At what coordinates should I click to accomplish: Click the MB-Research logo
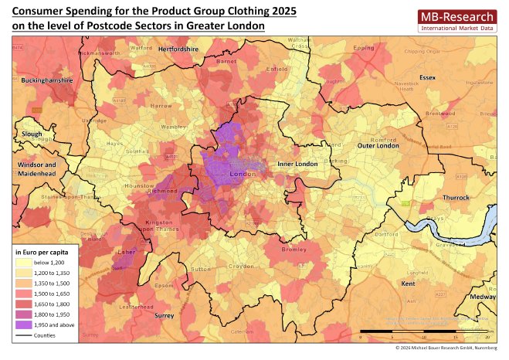(x=456, y=21)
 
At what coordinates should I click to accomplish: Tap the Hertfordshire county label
(x=178, y=49)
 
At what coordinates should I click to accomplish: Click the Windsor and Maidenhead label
(x=36, y=169)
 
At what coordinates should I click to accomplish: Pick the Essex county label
(x=427, y=77)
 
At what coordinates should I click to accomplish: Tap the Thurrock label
(x=455, y=198)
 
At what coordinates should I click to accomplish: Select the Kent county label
(x=409, y=284)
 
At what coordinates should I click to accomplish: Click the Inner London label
(x=297, y=164)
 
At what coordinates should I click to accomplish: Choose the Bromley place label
(x=294, y=250)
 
